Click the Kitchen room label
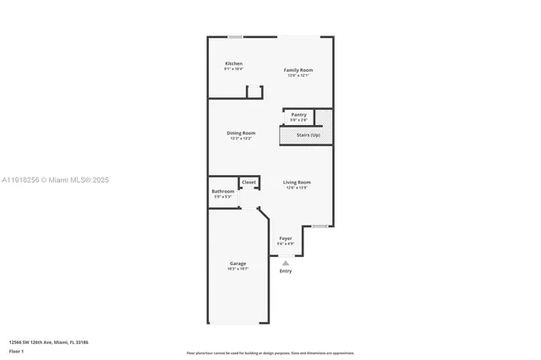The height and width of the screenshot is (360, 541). pos(233,63)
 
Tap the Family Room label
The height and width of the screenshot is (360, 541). pos(298,70)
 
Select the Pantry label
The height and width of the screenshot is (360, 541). pos(298,114)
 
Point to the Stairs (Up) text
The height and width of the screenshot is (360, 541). pos(308,135)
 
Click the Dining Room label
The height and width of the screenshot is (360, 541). pos(241,133)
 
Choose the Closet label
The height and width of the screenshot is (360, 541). pos(249,182)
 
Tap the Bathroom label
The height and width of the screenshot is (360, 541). pos(223,191)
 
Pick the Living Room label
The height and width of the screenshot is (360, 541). pos(297,183)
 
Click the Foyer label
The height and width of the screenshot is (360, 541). pos(286,238)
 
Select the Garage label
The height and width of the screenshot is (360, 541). pos(238,264)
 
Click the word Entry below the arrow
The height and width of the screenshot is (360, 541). pos(286,270)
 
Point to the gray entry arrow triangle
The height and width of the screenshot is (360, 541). pos(286,263)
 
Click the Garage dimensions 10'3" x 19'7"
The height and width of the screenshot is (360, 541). pos(238,269)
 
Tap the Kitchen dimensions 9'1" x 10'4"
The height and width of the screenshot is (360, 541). pos(233,68)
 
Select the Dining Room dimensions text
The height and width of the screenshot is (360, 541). pos(241,138)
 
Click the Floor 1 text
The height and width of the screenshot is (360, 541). pos(17,350)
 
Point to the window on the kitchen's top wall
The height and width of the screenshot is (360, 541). pos(235,36)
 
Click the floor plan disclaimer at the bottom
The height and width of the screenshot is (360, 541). pos(270,353)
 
